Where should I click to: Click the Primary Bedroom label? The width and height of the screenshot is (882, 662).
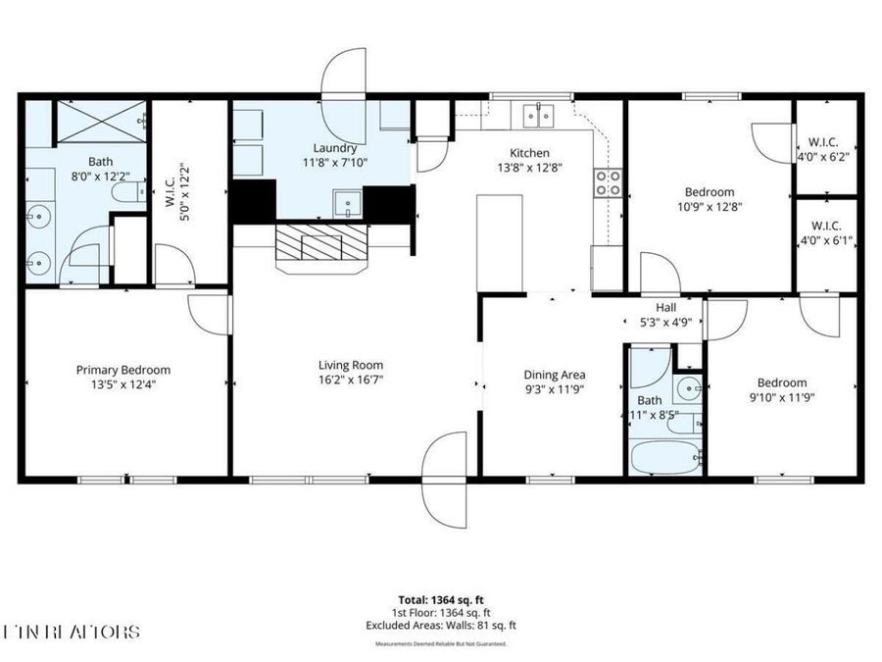[x=123, y=370]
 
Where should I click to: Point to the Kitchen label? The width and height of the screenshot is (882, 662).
[x=529, y=153]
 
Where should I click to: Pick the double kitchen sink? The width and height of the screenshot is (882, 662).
[x=538, y=116]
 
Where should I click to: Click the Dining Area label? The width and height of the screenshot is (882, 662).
[x=555, y=375]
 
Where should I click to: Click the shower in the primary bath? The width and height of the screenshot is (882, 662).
[x=100, y=123]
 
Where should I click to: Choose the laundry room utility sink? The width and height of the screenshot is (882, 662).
[x=347, y=204]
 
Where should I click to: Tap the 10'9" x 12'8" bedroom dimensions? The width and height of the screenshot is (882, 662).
[x=709, y=206]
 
